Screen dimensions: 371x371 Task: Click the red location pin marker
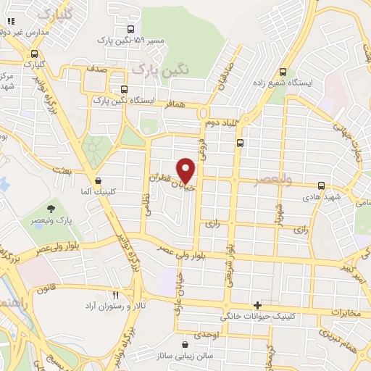tap(187, 170)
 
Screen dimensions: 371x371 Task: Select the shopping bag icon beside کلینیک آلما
tap(98, 181)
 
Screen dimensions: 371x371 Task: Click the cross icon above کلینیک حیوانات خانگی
tap(257, 306)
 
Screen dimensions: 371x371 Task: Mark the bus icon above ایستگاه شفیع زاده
tap(283, 71)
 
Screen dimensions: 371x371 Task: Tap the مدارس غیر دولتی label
tap(27, 33)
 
